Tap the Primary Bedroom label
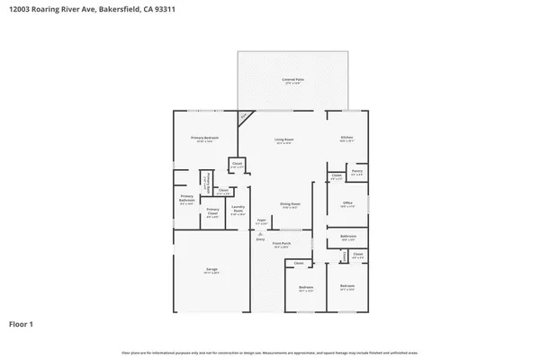pos(205,138)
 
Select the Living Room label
pos(285,139)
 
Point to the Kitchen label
pos(346,138)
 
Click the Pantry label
pos(357,172)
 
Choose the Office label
pos(347,204)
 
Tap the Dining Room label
pos(289,205)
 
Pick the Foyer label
pos(261,221)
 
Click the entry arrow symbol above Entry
pos(261,233)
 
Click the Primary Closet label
pos(212,211)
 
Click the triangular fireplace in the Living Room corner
pos(243,118)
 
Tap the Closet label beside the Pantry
pos(336,175)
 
